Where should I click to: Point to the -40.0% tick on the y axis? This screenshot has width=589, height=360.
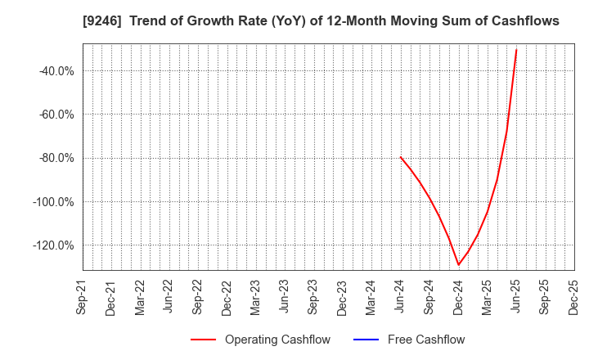56,71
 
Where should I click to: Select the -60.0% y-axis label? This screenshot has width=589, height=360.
56,115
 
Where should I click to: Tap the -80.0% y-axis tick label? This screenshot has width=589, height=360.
56,158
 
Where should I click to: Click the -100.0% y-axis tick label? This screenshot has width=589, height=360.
54,202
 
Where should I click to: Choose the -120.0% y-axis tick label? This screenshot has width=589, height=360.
54,245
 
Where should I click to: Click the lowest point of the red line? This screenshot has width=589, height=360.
458,264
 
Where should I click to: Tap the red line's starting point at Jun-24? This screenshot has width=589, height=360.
401,157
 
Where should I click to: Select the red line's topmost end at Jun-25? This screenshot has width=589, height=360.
516,50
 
